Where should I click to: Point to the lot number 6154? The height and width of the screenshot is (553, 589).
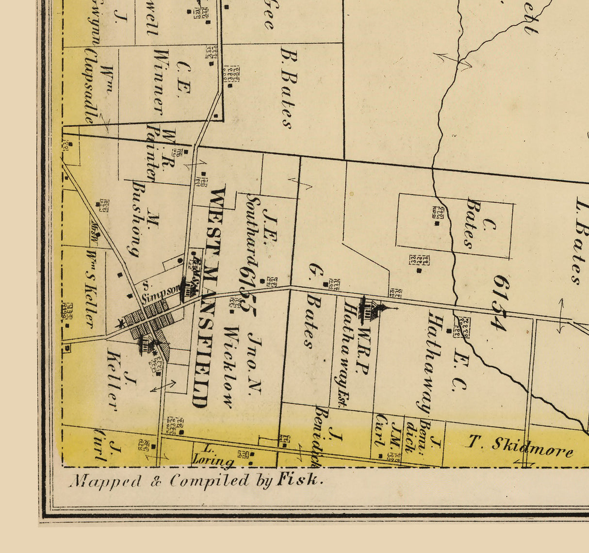coord(500,303)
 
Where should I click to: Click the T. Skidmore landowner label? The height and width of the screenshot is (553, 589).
coord(519,446)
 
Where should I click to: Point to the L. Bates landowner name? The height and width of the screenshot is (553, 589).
coord(580,240)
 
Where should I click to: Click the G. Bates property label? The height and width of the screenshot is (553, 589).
coord(311,306)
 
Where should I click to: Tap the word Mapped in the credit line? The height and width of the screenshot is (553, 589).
coord(105,481)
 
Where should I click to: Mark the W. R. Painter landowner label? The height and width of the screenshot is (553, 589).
coord(160,153)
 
